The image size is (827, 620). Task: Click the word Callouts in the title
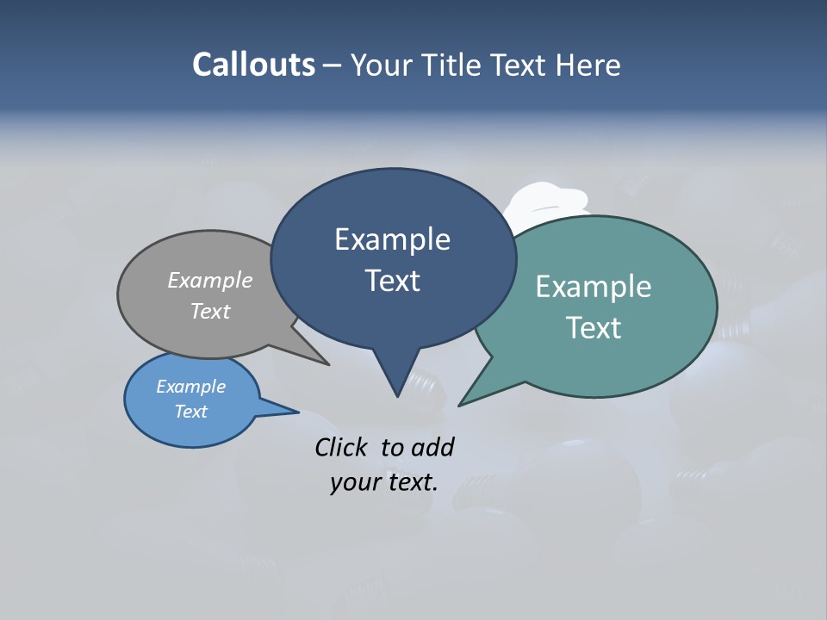254,65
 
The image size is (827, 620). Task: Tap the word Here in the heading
587,65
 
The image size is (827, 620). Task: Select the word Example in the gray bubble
210,280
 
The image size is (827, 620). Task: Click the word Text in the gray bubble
210,311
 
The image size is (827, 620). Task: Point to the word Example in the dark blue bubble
392,239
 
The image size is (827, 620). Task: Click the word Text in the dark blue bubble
392,281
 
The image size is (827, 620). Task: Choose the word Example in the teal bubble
594,287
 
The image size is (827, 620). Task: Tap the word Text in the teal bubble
594,328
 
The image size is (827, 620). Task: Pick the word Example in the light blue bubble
191,387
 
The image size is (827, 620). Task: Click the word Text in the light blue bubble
191,412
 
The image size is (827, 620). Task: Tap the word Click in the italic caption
342,447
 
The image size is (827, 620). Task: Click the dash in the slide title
333,65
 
